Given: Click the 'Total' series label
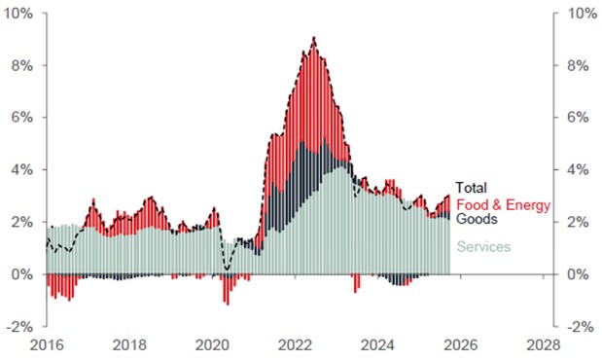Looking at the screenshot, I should coord(472,188).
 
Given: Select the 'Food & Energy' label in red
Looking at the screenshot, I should coord(503,204).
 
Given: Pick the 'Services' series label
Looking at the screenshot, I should coord(482,247).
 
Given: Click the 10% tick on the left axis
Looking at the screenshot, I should coord(20,14).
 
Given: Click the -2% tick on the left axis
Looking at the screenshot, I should coord(21,327).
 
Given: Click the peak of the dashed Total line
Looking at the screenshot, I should coord(313,38).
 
